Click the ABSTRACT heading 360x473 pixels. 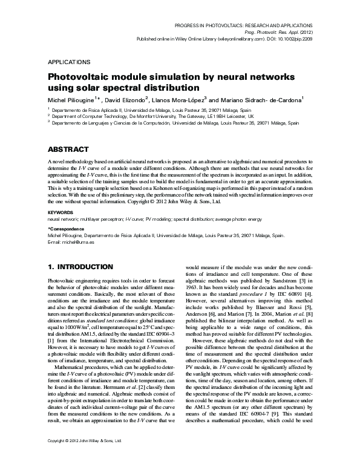click(69, 149)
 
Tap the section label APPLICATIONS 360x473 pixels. click(68, 62)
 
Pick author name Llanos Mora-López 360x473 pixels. click(181, 99)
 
